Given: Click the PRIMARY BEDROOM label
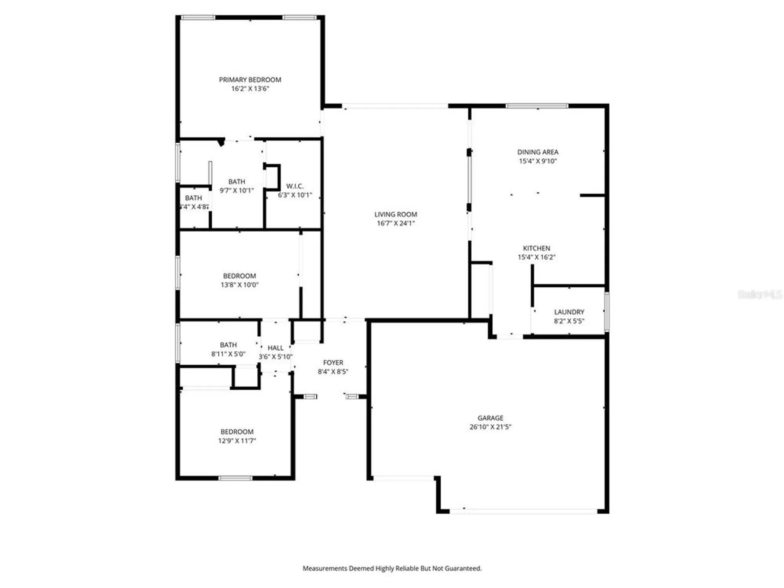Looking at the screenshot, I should tap(250, 80).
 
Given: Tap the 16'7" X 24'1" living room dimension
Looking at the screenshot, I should tap(396, 223).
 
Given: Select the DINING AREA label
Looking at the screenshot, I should tap(537, 152).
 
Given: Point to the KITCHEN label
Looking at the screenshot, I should tap(536, 248).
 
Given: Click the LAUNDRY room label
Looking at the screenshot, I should tap(569, 312).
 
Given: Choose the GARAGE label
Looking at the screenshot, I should tap(490, 418).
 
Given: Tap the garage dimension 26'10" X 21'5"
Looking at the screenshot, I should tap(490, 427).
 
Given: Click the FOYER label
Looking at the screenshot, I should tap(333, 363).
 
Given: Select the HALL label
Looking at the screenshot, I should tap(275, 348).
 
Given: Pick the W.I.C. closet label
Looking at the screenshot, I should tap(295, 186).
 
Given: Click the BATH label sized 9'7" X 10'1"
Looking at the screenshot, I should tap(236, 181).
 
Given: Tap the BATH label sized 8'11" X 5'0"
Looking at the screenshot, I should tap(228, 345).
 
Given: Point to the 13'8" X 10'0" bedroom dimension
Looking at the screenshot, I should tap(239, 285).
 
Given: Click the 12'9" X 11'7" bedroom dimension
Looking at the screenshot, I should tap(237, 441).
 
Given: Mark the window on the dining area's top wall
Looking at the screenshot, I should tap(537, 106).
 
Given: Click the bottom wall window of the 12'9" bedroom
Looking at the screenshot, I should tap(235, 478).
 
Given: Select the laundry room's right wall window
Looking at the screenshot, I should tap(606, 312).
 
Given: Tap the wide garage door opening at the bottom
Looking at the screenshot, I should tap(523, 511).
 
